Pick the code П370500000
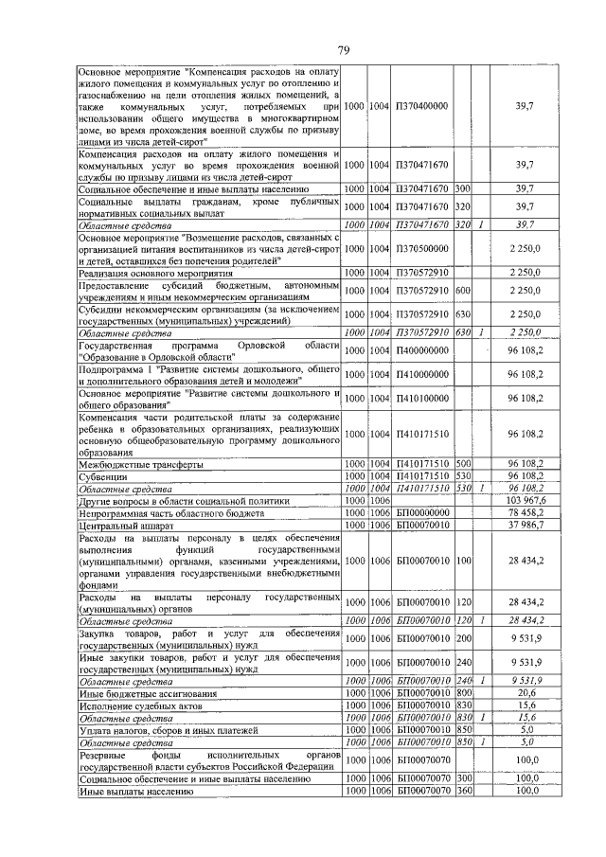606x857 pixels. (x=422, y=248)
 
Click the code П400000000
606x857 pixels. (x=422, y=351)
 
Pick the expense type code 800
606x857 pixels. (x=464, y=692)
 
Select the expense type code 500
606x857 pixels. (x=464, y=464)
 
